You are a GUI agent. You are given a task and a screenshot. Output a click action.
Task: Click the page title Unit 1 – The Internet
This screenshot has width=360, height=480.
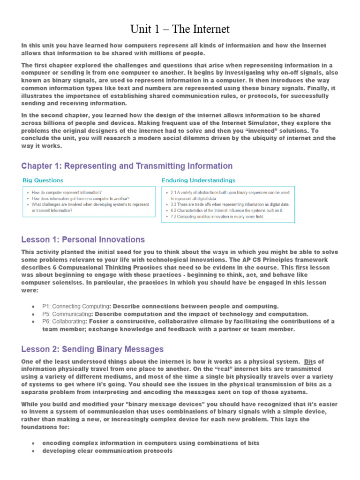[x=180, y=30]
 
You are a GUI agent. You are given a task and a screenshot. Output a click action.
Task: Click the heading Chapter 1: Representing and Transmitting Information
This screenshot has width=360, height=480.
[x=127, y=166]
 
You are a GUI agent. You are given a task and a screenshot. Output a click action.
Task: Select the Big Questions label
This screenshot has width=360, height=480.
[x=43, y=180]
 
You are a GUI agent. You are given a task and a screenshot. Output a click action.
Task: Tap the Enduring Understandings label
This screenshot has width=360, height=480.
[x=198, y=180]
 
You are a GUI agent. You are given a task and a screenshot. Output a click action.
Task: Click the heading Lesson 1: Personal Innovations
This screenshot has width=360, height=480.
[x=83, y=240]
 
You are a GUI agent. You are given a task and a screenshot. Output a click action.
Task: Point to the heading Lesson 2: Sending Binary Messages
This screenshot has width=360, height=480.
[x=92, y=349]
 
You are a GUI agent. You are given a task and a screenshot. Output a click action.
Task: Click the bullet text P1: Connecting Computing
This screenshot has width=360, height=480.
[x=77, y=306]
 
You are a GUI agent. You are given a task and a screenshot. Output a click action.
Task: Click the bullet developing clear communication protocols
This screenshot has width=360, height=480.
[x=107, y=451]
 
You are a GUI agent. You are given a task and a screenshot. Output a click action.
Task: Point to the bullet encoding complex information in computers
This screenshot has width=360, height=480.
[x=150, y=443]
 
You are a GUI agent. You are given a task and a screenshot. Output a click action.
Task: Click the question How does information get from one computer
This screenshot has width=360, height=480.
[x=81, y=198]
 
